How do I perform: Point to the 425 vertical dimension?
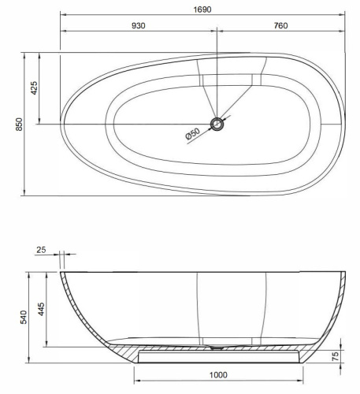34,88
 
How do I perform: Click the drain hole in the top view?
217,125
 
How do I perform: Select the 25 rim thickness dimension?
41,251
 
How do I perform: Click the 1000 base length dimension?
219,377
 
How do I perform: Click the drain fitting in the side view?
217,346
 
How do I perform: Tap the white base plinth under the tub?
219,358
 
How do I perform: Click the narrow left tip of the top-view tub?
64,125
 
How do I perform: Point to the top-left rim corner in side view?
63,273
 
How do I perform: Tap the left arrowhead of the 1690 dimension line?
63,15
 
